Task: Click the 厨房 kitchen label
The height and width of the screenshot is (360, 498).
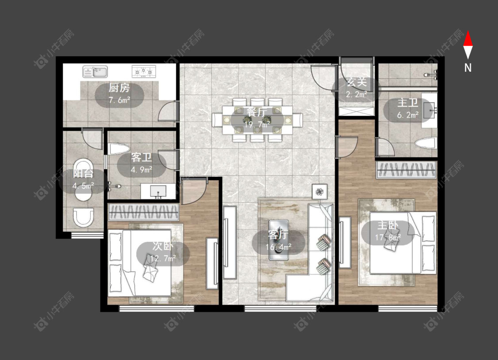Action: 119,87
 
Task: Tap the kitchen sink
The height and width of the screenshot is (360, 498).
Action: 95,72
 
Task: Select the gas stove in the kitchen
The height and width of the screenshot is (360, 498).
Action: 144,71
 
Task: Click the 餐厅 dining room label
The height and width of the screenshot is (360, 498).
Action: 257,112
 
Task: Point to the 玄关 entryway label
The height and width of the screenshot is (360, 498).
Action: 357,82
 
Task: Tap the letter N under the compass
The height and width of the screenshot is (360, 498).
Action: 468,68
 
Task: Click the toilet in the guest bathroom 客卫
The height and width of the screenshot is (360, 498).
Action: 119,149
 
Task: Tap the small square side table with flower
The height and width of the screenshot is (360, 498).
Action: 320,192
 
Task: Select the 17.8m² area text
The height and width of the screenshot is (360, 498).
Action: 388,237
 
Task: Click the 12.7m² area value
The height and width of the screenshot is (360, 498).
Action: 163,258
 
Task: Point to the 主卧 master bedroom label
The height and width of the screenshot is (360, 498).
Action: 387,225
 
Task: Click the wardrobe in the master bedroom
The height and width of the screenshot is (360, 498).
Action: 406,170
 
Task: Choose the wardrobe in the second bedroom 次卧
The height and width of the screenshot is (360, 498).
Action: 143,212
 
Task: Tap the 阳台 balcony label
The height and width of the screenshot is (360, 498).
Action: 83,173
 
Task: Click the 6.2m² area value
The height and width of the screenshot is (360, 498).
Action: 408,115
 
